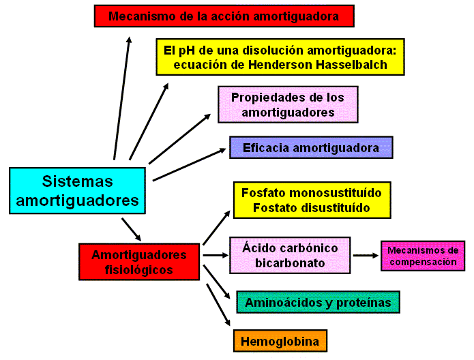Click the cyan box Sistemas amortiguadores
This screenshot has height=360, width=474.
[x=77, y=191]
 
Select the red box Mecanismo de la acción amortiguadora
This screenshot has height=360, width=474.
[x=224, y=16]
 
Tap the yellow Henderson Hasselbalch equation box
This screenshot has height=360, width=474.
[x=280, y=57]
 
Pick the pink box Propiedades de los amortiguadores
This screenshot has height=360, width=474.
[x=287, y=104]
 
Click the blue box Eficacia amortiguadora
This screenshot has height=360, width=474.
[x=310, y=147]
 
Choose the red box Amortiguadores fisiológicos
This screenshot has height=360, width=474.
[x=139, y=262]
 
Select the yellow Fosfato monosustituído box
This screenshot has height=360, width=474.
[x=312, y=200]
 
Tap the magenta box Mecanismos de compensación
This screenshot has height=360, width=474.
[x=422, y=256]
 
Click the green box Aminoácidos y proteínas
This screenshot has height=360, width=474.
[x=318, y=302]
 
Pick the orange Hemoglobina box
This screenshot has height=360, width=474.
[x=280, y=340]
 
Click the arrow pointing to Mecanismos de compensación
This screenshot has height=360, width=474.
[x=366, y=256]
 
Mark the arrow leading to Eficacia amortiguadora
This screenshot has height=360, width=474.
[x=190, y=164]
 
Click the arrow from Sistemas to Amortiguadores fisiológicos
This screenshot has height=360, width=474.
[x=132, y=230]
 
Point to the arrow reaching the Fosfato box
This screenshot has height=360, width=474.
[x=217, y=228]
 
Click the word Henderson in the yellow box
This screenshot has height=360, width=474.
[x=285, y=65]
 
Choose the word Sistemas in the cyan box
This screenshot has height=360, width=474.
[x=77, y=181]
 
